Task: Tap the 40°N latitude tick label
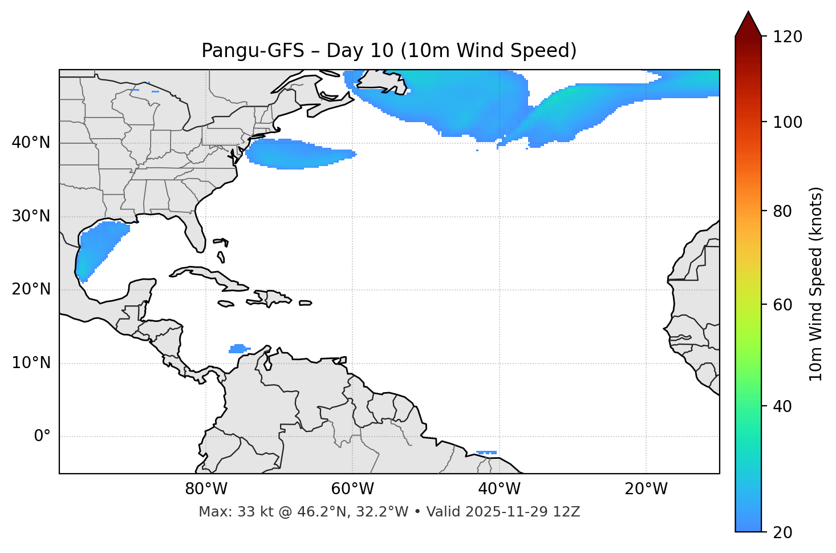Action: pyautogui.click(x=31, y=143)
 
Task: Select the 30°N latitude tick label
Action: pyautogui.click(x=31, y=216)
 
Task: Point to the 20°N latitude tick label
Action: pyautogui.click(x=31, y=289)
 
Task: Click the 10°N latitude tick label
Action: pyautogui.click(x=31, y=363)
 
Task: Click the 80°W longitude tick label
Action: pyautogui.click(x=206, y=489)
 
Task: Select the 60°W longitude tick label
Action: pyautogui.click(x=352, y=489)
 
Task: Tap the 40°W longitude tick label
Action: pyautogui.click(x=499, y=489)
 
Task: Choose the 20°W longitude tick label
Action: pyautogui.click(x=646, y=489)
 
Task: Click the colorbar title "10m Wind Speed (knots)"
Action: pyautogui.click(x=816, y=284)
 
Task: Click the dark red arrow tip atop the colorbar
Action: pyautogui.click(x=748, y=23)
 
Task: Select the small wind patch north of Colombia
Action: pyautogui.click(x=238, y=348)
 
